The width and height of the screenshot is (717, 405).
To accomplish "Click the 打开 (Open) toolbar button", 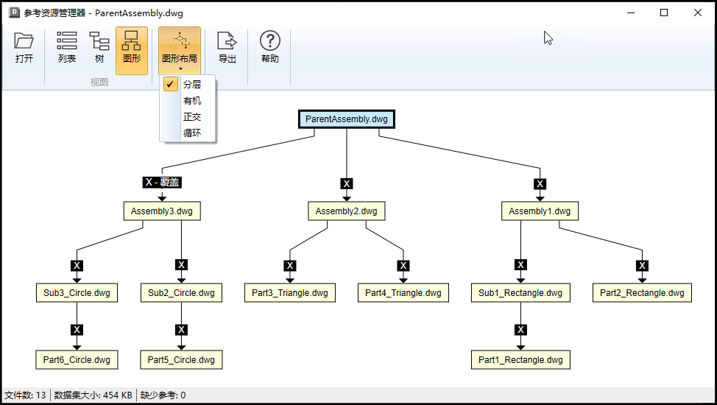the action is (x=24, y=49).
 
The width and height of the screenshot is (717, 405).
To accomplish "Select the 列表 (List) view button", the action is (x=67, y=49).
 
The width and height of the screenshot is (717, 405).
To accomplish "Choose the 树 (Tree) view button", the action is (x=99, y=49).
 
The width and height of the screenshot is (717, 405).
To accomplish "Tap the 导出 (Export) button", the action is (x=227, y=49).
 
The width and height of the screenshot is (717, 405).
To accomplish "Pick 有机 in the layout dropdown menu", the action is (x=192, y=101).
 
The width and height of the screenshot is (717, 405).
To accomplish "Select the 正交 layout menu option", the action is (x=192, y=116).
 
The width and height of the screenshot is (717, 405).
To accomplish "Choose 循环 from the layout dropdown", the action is (x=192, y=133).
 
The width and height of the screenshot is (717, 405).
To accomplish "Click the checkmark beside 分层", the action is (x=170, y=84).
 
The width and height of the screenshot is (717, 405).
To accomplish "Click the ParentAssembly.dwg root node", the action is (x=347, y=119).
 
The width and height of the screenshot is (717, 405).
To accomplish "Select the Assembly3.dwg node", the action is (x=162, y=211).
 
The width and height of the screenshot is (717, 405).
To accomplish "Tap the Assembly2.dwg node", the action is (x=347, y=211).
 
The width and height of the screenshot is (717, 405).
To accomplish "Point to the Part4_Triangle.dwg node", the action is (x=403, y=293).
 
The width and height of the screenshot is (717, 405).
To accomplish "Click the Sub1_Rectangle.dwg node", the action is (x=520, y=293).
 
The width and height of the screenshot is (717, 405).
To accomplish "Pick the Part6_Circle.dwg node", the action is (x=77, y=359).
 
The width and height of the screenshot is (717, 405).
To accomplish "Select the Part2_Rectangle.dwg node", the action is (x=642, y=293).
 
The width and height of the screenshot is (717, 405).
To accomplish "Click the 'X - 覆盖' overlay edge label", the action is (x=162, y=182).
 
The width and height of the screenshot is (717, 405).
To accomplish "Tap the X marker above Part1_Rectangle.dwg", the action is (x=521, y=329).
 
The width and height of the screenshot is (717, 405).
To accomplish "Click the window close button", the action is (x=698, y=13).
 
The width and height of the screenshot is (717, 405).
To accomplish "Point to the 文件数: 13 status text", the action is (x=25, y=395).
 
